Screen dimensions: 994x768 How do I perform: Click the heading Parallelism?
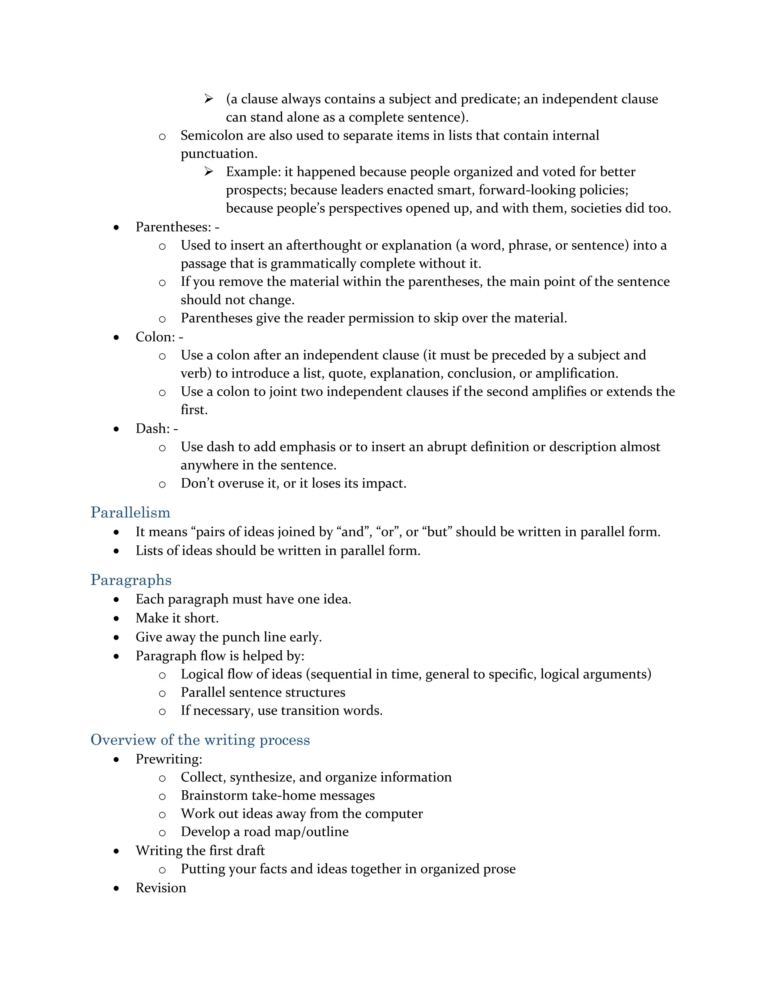(130, 512)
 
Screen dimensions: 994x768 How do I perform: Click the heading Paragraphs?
(131, 580)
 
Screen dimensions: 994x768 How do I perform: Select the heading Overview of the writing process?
(200, 740)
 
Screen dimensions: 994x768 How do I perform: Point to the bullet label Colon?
(155, 337)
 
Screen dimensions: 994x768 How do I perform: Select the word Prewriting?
(168, 759)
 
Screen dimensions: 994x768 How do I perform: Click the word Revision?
(161, 888)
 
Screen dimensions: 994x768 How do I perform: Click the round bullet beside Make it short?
(117, 619)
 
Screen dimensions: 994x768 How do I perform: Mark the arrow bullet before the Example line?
(208, 171)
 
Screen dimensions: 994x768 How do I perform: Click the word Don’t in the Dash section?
(198, 483)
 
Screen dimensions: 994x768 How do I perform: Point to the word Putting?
(202, 869)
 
